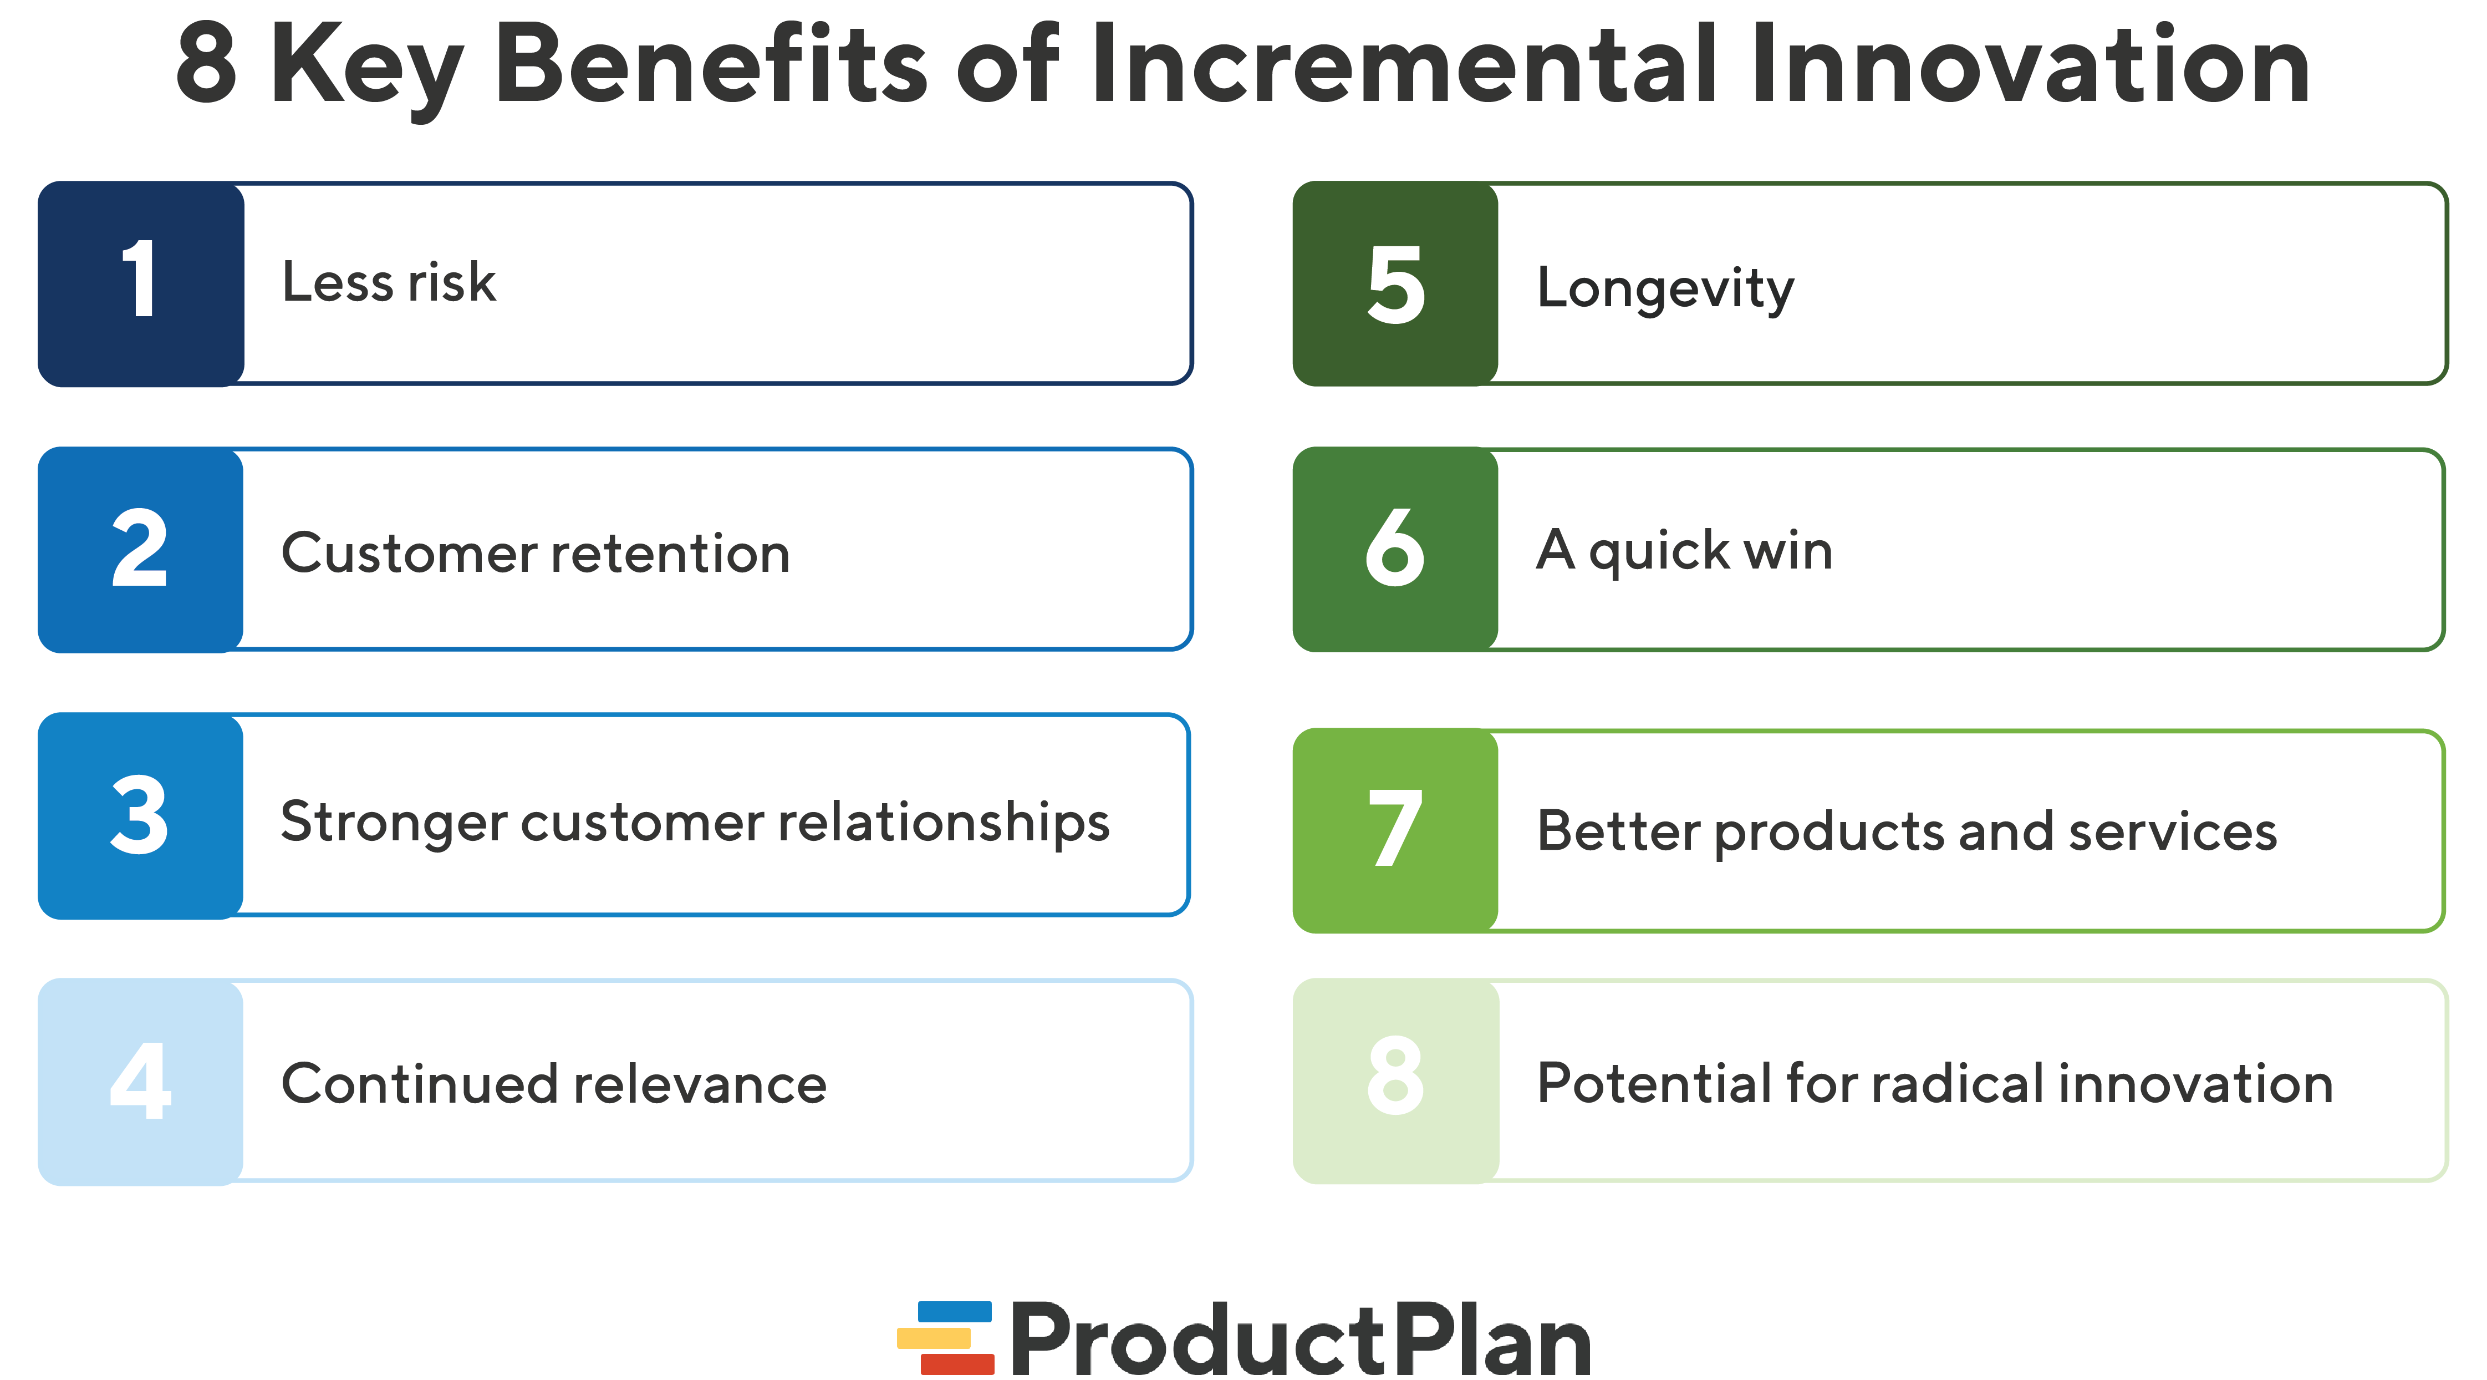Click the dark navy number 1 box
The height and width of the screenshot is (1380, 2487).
point(141,284)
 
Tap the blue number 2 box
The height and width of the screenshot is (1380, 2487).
point(141,550)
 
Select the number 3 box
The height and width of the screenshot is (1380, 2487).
point(141,816)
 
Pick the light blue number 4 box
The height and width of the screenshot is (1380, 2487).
point(141,1082)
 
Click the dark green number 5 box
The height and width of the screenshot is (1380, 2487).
point(1395,284)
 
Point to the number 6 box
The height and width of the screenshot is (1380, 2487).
point(1395,550)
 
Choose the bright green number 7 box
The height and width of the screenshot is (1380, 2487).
point(1395,830)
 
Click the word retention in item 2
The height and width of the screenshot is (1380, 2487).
point(670,554)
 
